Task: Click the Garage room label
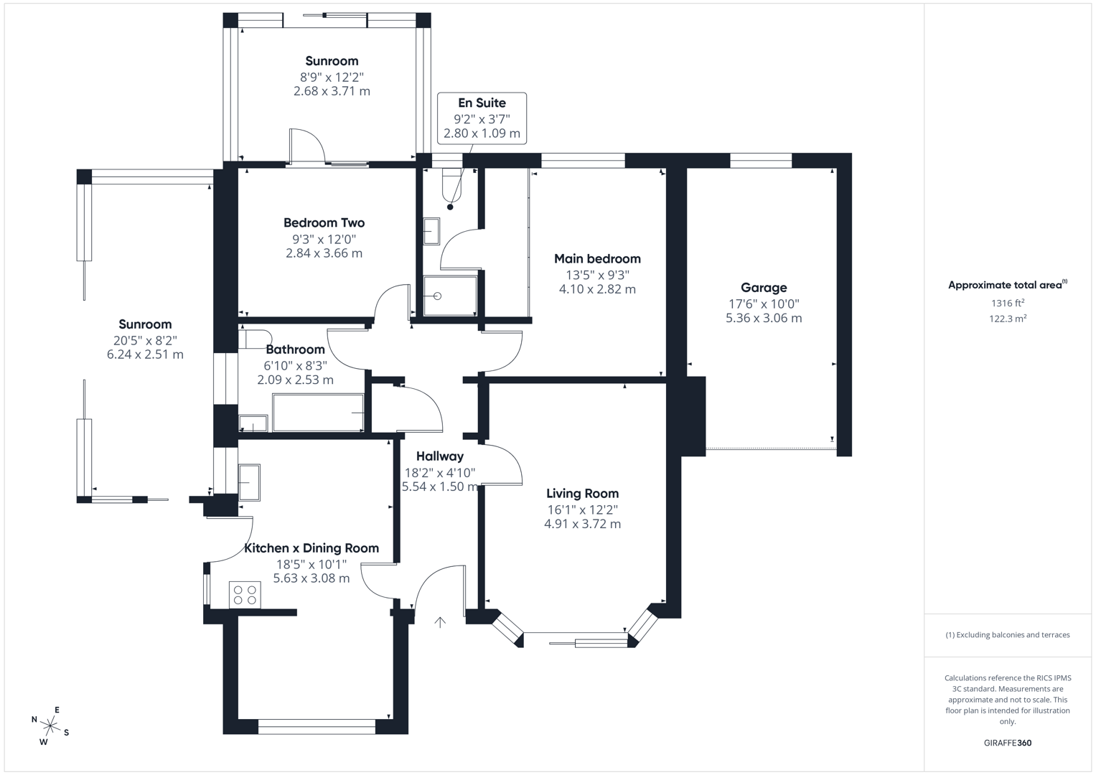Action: tap(763, 288)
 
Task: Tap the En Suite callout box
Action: tap(482, 118)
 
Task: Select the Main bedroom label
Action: tap(597, 259)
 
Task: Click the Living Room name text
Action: tap(582, 494)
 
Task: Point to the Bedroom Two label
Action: tap(324, 223)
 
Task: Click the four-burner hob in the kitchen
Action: tap(245, 595)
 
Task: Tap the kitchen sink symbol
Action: tap(249, 482)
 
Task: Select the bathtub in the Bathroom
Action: tap(318, 413)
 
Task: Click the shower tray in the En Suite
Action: tap(450, 296)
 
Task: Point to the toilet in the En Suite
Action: tap(451, 186)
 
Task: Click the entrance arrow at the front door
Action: tap(440, 622)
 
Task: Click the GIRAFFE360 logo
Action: tap(1007, 743)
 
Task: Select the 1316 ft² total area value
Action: tap(1007, 304)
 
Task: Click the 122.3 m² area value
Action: tap(1007, 319)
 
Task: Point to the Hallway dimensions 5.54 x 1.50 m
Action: tap(439, 487)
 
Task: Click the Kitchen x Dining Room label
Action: tap(312, 548)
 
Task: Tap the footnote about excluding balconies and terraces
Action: tap(1007, 635)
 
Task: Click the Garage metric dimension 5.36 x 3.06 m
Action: tap(763, 318)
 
